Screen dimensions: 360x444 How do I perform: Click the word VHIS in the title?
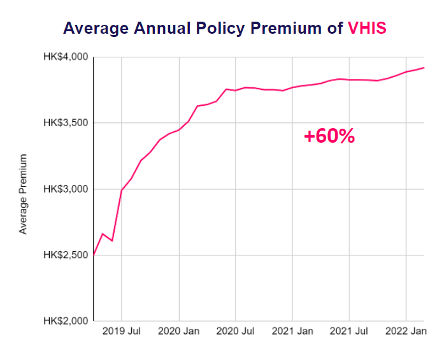click(367, 29)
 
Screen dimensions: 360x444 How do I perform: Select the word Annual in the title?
click(169, 29)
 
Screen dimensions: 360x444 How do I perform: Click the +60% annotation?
click(329, 136)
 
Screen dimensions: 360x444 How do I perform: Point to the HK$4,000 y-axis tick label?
click(66, 57)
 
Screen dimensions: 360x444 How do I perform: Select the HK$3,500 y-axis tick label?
click(66, 123)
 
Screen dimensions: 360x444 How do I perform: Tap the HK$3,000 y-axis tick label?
click(66, 189)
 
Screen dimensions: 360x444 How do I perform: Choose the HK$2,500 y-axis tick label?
click(66, 255)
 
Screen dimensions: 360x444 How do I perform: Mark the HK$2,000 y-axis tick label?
click(66, 320)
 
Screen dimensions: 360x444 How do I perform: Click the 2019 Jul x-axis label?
click(122, 332)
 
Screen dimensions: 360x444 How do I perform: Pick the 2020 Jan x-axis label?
click(179, 332)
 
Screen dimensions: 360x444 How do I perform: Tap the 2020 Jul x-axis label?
click(236, 332)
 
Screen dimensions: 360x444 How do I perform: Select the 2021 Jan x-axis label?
click(293, 332)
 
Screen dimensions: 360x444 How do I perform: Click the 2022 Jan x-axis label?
click(406, 332)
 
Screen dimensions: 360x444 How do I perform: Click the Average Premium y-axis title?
click(24, 194)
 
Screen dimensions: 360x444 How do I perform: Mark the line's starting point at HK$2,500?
click(94, 255)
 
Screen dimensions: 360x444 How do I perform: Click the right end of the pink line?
click(424, 68)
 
